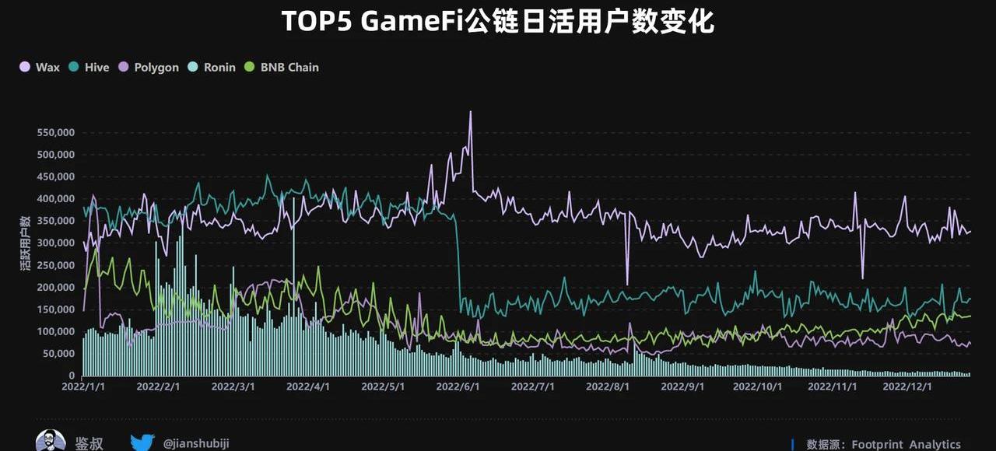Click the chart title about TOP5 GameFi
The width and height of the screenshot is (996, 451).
pyautogui.click(x=497, y=22)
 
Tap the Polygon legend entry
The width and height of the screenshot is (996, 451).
pyautogui.click(x=149, y=68)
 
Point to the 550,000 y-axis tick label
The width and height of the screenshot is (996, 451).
pyautogui.click(x=55, y=132)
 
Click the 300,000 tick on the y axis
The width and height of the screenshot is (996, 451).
pyautogui.click(x=55, y=243)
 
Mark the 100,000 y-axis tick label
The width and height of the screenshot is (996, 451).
pyautogui.click(x=55, y=332)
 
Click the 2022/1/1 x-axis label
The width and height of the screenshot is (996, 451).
pyautogui.click(x=84, y=386)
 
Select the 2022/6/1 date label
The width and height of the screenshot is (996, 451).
pyautogui.click(x=458, y=386)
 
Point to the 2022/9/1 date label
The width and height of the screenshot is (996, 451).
pyautogui.click(x=683, y=386)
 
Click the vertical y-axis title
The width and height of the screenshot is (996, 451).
pyautogui.click(x=24, y=243)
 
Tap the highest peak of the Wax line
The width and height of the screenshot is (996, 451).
pyautogui.click(x=470, y=113)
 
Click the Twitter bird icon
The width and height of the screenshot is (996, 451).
pyautogui.click(x=142, y=442)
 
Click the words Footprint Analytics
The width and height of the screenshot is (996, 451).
pyautogui.click(x=906, y=445)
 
